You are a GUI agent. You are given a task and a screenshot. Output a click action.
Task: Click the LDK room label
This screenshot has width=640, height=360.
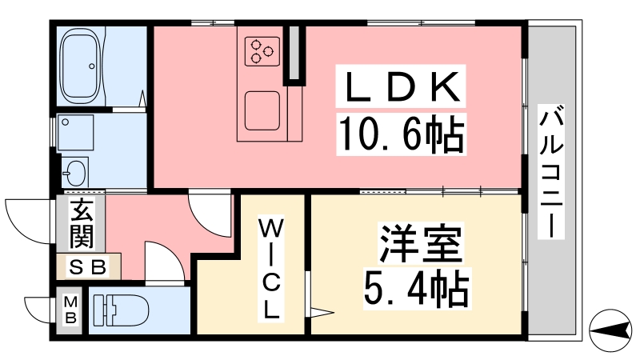point(401,86)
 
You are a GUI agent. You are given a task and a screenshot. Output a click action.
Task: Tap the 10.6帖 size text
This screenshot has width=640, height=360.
point(401,134)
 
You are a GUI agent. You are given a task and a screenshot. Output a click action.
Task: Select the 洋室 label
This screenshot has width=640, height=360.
point(421,243)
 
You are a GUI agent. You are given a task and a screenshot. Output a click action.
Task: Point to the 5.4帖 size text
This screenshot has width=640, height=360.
point(416,290)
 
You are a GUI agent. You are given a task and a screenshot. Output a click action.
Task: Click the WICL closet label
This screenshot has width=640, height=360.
point(270,270)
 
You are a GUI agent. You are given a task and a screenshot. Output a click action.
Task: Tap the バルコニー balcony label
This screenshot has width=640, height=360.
point(551,171)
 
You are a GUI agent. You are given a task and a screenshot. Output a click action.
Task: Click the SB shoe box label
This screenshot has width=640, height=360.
point(87,267)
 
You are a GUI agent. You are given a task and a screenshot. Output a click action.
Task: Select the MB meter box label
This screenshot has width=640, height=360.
point(70,310)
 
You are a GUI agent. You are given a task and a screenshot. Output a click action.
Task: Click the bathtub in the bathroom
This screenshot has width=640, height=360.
point(81,66)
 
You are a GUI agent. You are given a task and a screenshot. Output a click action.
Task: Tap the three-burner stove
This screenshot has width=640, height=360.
point(262,51)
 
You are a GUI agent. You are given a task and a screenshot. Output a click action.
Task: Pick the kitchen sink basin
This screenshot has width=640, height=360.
point(262,111)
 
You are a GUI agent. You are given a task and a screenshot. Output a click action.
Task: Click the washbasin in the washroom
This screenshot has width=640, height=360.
point(74,172)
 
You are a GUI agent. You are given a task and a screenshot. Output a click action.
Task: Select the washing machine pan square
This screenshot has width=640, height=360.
point(76,132)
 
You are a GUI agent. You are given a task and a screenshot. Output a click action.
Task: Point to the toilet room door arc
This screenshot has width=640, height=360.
point(171,253)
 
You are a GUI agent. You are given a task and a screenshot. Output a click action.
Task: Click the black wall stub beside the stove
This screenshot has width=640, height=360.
point(294,54)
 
